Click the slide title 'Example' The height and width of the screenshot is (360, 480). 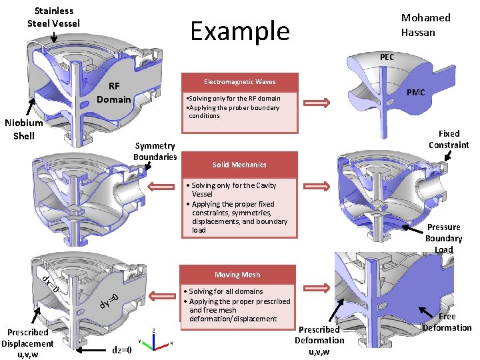pyautogui.click(x=240, y=31)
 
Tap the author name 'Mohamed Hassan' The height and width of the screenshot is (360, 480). pyautogui.click(x=425, y=25)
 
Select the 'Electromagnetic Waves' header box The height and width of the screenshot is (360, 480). pyautogui.click(x=239, y=81)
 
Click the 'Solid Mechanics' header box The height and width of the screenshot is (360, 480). pyautogui.click(x=239, y=164)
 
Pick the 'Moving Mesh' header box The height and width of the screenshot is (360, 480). pyautogui.click(x=237, y=275)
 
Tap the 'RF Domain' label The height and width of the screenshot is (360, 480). pyautogui.click(x=114, y=93)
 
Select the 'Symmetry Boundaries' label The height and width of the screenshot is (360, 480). pyautogui.click(x=155, y=151)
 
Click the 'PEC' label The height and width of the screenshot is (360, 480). pyautogui.click(x=387, y=57)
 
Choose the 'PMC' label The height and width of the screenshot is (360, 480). pyautogui.click(x=415, y=92)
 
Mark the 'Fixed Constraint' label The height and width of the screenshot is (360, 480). pyautogui.click(x=449, y=139)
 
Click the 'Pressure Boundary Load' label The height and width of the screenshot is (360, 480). pyautogui.click(x=443, y=238)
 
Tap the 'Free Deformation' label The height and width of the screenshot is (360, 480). pyautogui.click(x=447, y=322)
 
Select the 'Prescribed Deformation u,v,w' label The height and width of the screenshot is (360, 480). pyautogui.click(x=319, y=340)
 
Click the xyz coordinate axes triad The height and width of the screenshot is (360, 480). pyautogui.click(x=154, y=340)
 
